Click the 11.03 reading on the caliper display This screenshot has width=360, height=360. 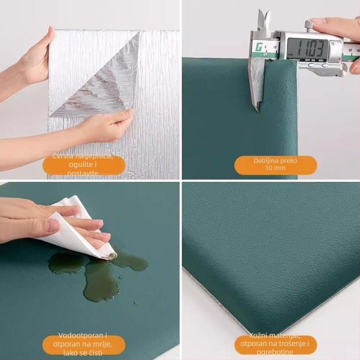point(308,47)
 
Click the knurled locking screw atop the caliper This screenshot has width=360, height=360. point(309,25)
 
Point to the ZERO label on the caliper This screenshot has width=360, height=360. point(321,59)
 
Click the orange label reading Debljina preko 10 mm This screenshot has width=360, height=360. point(275,165)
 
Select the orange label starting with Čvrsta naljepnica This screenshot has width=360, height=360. point(84,165)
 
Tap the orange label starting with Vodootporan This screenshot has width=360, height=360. point(84,344)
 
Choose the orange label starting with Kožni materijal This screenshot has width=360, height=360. point(275,344)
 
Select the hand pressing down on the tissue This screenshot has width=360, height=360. point(45,223)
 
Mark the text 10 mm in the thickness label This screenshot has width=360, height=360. point(275,168)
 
